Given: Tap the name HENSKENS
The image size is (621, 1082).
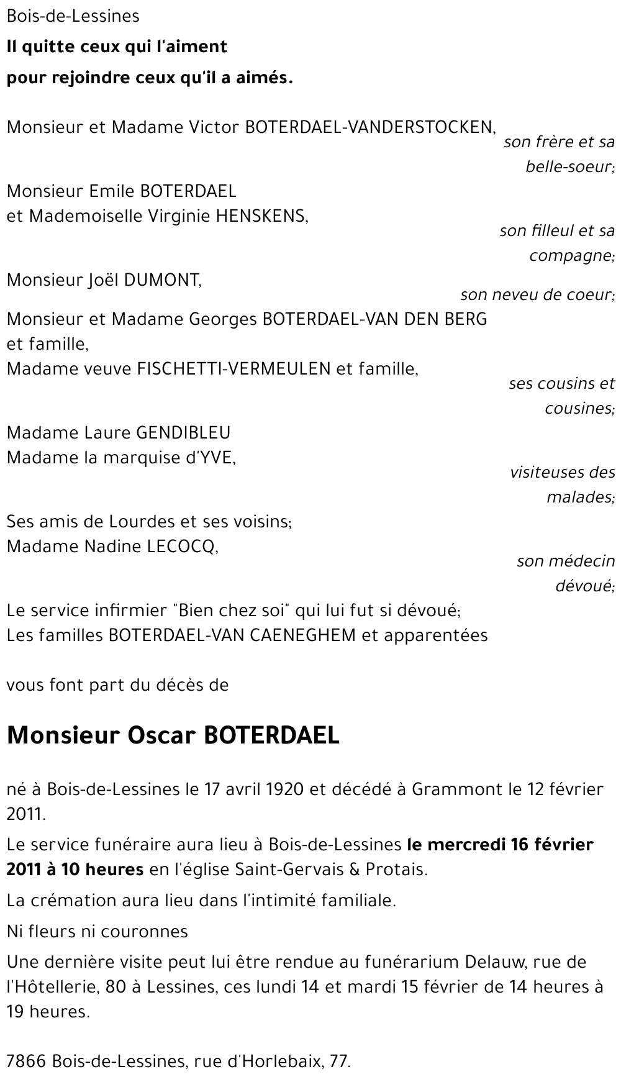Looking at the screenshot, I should pyautogui.click(x=261, y=216).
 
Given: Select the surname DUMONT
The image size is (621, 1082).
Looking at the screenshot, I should pyautogui.click(x=163, y=280).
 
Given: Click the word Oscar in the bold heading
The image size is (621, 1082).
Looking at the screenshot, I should pyautogui.click(x=162, y=735).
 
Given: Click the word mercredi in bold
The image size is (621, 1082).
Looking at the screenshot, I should pyautogui.click(x=466, y=845).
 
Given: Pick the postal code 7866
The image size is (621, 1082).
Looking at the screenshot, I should pyautogui.click(x=27, y=1062).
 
